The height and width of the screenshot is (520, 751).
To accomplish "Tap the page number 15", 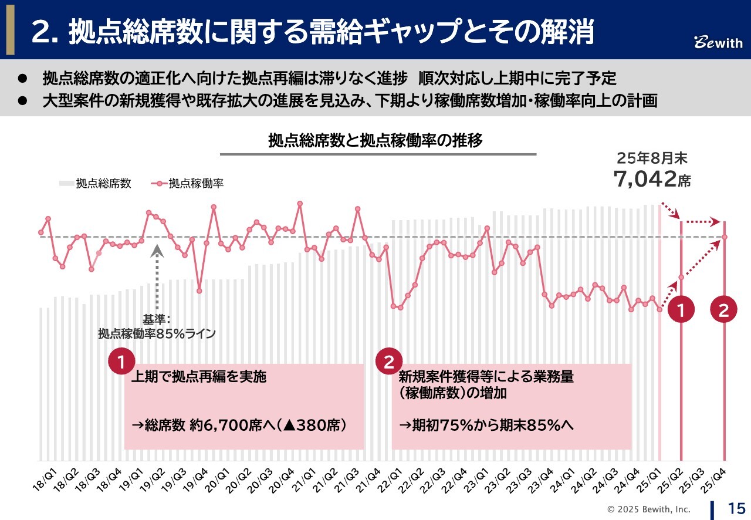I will (736, 508).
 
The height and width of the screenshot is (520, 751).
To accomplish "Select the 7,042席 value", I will (652, 179).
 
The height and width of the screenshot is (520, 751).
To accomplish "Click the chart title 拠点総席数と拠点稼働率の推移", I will (375, 141).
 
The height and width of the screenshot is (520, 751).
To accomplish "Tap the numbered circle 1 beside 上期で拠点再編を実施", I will (121, 363).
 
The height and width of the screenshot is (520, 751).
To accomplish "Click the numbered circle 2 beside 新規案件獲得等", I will (388, 363).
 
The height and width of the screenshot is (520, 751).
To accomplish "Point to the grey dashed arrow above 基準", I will (157, 275).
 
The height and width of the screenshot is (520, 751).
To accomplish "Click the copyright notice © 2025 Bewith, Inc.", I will (648, 509).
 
